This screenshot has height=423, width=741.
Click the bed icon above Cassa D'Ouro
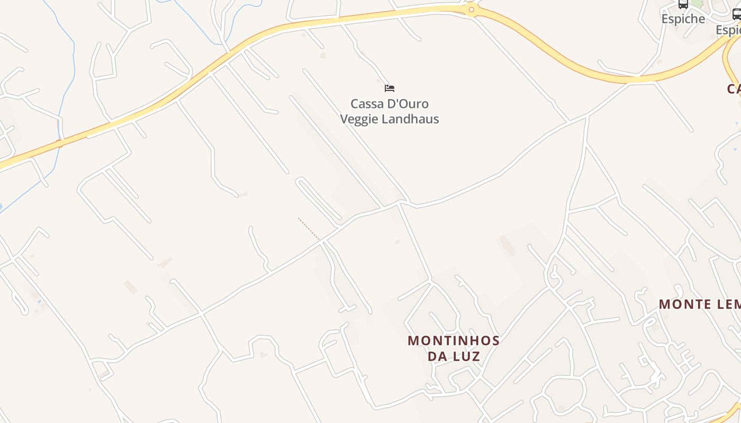(x=390, y=88)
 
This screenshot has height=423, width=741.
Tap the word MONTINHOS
(x=454, y=341)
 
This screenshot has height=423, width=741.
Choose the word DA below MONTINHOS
(x=438, y=356)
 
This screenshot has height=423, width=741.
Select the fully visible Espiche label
(x=683, y=19)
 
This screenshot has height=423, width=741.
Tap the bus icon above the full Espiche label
(x=683, y=4)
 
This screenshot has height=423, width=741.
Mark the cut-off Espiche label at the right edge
(x=729, y=30)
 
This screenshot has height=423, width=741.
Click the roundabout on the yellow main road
(x=471, y=10)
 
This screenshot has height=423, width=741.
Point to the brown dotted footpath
(x=309, y=228)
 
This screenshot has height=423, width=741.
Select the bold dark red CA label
(x=734, y=89)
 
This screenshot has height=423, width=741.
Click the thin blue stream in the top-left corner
(x=66, y=32)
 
